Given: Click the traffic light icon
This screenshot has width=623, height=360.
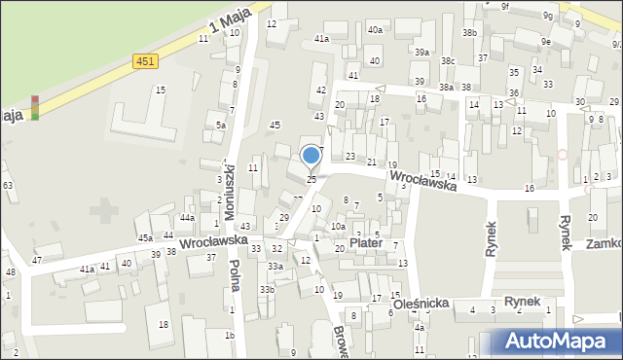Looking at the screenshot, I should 35,107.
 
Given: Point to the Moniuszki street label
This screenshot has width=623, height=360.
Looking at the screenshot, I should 231,189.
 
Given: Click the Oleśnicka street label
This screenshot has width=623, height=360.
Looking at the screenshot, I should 421,304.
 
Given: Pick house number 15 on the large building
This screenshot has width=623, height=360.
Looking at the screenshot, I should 161,90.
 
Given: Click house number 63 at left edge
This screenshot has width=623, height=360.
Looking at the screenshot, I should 7,185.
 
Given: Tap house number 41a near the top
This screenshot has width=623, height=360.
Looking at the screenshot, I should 321,38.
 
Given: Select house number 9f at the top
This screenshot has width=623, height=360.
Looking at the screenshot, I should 505,6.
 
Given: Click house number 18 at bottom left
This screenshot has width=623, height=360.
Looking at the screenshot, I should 164,324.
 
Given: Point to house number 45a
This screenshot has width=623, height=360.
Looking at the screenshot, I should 144,237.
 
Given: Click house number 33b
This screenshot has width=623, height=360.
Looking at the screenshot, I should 267,289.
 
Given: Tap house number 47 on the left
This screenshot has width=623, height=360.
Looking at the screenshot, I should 37,260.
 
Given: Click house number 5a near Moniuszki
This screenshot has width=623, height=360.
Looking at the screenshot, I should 221,126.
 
